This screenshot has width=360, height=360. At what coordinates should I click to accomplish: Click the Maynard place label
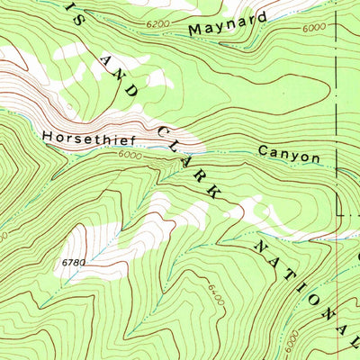coord(229,24)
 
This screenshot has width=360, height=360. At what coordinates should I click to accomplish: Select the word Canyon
coord(289,155)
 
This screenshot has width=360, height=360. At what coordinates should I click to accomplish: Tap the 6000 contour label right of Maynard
coord(314,27)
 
